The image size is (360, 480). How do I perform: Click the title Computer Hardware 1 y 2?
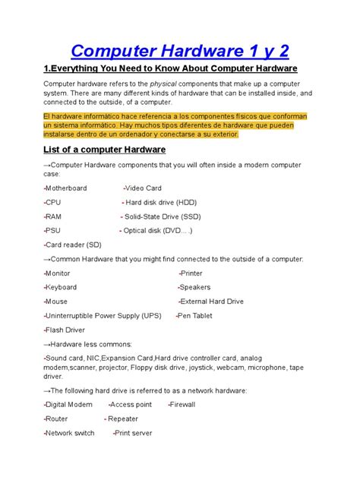tap(180, 52)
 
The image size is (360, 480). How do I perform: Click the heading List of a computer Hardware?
tap(104, 150)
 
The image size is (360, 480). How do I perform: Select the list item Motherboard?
tap(66, 188)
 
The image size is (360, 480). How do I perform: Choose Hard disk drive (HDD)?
tap(160, 202)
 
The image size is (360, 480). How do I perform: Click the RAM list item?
tap(55, 216)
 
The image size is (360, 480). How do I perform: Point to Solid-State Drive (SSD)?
tap(162, 216)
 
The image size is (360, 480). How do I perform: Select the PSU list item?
tap(53, 230)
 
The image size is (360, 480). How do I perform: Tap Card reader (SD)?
tap(73, 245)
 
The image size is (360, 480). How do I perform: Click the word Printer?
tap(191, 273)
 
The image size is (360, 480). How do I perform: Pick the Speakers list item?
tap(195, 287)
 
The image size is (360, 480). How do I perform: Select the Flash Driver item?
tap(65, 330)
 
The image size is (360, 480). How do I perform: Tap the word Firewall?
tap(182, 405)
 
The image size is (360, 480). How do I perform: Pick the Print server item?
tap(134, 433)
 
